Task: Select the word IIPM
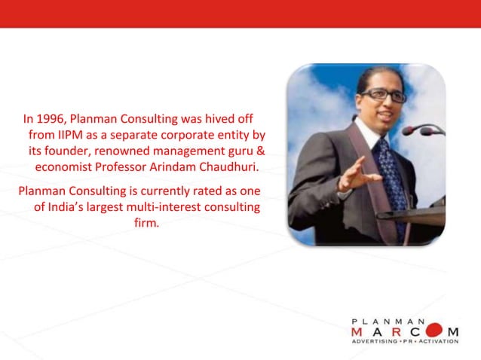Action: click(x=69, y=136)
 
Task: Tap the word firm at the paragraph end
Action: click(x=146, y=223)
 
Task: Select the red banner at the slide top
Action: click(x=240, y=14)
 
